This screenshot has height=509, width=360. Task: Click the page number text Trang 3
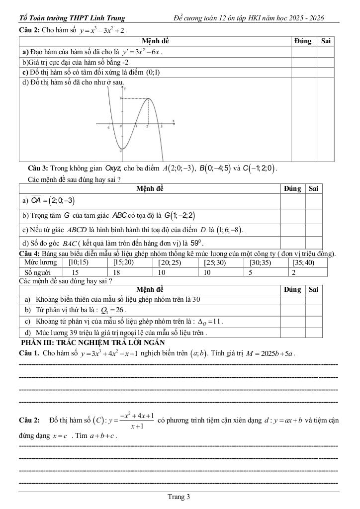tap(179, 497)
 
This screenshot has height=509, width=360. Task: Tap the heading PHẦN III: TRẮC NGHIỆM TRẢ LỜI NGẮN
tap(92, 342)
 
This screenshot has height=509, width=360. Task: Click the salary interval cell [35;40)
tap(303, 262)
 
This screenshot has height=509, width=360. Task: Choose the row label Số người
tap(38, 272)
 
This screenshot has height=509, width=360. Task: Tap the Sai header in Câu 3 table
tap(313, 188)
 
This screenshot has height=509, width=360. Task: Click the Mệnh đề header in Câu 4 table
tap(150, 289)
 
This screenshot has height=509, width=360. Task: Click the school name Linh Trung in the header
tap(108, 18)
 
